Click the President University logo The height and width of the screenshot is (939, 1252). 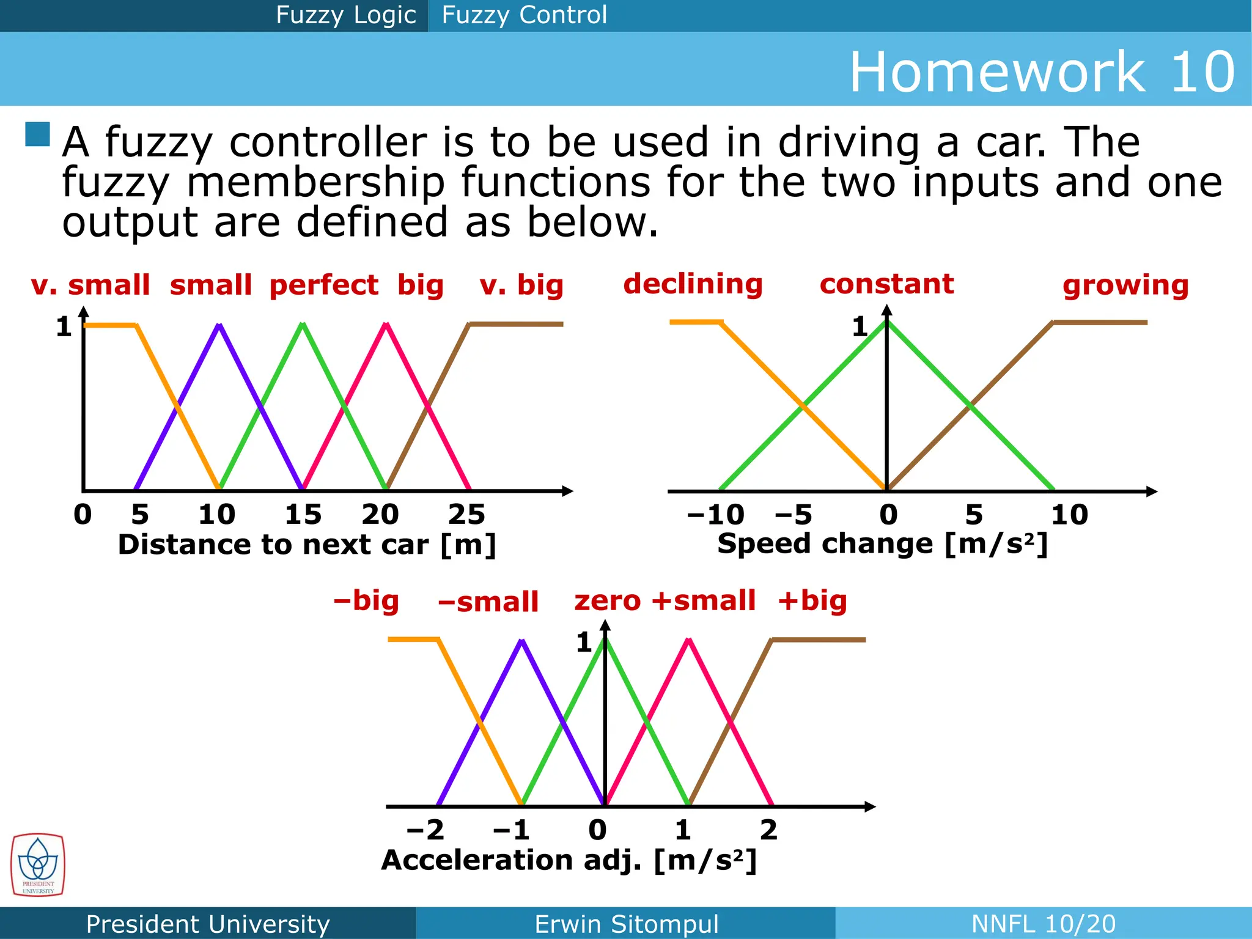click(38, 865)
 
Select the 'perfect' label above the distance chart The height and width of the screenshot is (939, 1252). click(323, 285)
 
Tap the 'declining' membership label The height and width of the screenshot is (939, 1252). click(693, 284)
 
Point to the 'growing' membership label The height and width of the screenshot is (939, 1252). click(1125, 285)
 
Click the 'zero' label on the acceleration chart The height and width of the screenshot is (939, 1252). click(607, 600)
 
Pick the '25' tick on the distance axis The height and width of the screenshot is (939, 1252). click(466, 515)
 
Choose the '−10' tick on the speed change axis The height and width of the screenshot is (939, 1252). click(715, 515)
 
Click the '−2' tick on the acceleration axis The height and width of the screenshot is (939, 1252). click(425, 830)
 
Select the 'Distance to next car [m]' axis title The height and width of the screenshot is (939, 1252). click(307, 545)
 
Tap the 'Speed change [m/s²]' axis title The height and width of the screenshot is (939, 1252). click(883, 543)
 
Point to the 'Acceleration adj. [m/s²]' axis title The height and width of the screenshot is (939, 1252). click(569, 860)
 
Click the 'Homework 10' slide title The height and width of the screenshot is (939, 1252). click(1042, 72)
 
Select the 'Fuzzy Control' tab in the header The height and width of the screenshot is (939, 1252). click(524, 15)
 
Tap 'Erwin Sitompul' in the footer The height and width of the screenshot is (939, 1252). click(626, 924)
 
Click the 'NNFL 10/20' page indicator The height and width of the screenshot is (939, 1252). click(1043, 924)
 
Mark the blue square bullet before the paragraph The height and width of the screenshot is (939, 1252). click(37, 134)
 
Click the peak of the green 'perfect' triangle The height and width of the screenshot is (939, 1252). click(302, 325)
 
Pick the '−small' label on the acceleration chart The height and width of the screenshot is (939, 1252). click(488, 602)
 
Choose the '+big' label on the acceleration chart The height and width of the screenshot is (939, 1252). click(812, 600)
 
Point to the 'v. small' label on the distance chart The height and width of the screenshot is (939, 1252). click(90, 285)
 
